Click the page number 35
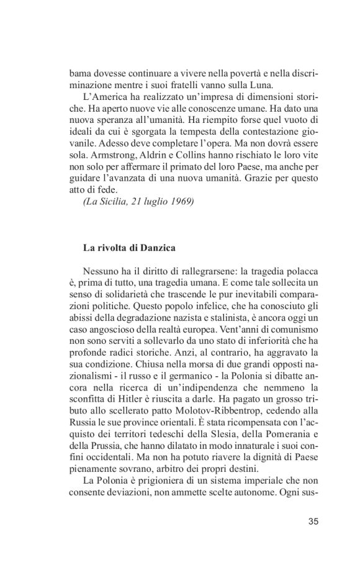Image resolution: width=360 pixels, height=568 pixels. click(x=313, y=521)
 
